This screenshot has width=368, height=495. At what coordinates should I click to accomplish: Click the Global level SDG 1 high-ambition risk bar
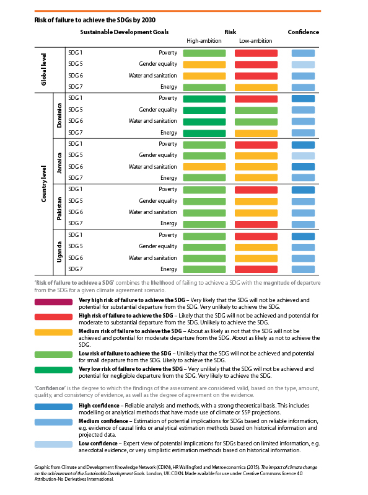tap(204, 53)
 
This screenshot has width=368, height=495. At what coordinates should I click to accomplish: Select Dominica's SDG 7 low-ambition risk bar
tap(256, 133)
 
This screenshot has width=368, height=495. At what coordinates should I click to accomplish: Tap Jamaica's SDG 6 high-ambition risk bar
tap(204, 167)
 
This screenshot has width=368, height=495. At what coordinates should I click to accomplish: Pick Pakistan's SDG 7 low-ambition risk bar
tap(256, 225)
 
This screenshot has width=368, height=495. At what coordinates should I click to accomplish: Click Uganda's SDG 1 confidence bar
tap(303, 236)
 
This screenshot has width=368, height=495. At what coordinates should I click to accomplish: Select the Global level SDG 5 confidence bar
tap(303, 65)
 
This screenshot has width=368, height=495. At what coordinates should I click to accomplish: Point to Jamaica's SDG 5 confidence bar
tap(303, 156)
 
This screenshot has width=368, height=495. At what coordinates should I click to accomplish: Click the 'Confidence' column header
tap(304, 32)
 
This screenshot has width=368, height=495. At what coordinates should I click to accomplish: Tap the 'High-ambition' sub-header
tap(204, 41)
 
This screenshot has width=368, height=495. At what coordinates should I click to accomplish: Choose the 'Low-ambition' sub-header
tap(255, 41)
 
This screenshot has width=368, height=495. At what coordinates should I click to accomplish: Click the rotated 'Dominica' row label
tap(59, 115)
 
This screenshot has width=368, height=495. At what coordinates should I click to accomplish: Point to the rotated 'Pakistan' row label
tap(59, 208)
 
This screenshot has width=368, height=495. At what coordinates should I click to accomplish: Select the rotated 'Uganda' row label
tap(59, 252)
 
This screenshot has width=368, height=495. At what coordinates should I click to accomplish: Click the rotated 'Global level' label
tap(43, 69)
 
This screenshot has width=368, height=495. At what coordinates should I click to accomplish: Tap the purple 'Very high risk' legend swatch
tap(54, 302)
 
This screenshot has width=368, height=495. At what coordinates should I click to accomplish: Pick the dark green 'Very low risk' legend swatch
tap(54, 370)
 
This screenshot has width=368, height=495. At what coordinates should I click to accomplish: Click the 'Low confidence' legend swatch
tap(54, 445)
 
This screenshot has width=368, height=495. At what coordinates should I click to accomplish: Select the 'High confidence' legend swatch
tap(54, 407)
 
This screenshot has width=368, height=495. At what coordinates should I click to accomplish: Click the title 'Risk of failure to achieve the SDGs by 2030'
tap(95, 20)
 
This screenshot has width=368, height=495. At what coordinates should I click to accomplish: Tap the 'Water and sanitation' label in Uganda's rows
tap(152, 258)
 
